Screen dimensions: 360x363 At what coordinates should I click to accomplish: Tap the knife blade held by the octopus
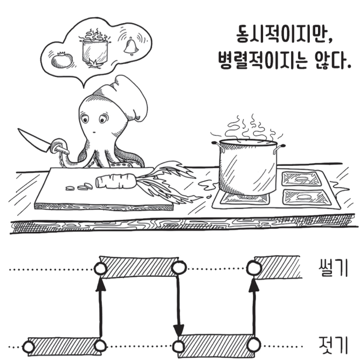(x=34, y=140)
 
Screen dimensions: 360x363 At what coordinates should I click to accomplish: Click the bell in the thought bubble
(x=131, y=46)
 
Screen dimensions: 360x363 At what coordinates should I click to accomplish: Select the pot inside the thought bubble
(x=95, y=50)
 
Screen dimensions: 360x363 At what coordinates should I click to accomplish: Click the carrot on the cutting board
(x=116, y=181)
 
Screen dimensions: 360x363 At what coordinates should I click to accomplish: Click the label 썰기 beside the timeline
(x=333, y=268)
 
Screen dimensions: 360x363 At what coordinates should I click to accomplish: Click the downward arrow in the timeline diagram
(x=178, y=305)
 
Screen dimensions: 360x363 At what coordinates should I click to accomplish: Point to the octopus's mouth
(x=94, y=132)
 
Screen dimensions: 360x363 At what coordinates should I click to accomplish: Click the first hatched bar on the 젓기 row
(x=64, y=346)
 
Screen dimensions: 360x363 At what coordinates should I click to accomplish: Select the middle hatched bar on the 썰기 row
(x=139, y=267)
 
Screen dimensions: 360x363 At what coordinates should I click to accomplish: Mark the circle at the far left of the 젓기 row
(x=29, y=347)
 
